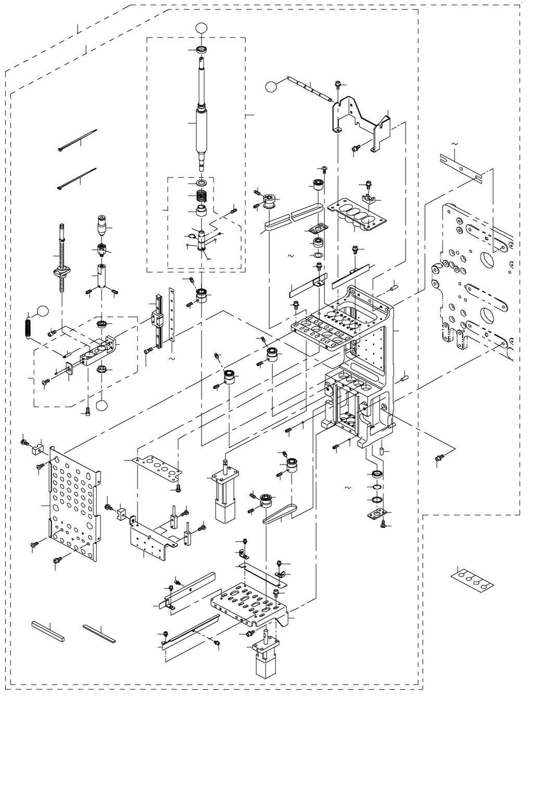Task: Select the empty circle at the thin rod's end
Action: tap(272, 86)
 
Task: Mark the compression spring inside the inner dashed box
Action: tap(202, 198)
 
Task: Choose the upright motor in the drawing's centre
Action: tap(223, 494)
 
